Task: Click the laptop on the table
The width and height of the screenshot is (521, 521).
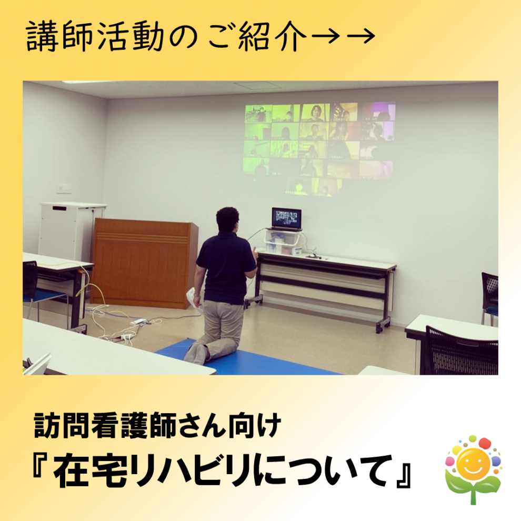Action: pyautogui.click(x=286, y=219)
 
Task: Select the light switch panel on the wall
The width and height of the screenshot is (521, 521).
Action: pyautogui.click(x=64, y=188)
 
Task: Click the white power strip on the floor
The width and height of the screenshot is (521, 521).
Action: pyautogui.click(x=138, y=322)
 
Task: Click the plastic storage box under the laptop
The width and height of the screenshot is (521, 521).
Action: pyautogui.click(x=283, y=242)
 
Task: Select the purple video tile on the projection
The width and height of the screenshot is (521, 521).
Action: pyautogui.click(x=379, y=112)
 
